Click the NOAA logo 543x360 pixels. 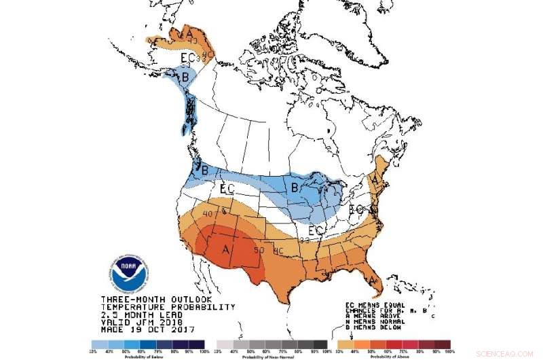tap(127, 273)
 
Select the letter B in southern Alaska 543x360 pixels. tap(185, 77)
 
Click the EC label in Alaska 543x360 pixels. tap(189, 58)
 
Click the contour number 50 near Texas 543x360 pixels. tap(259, 251)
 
